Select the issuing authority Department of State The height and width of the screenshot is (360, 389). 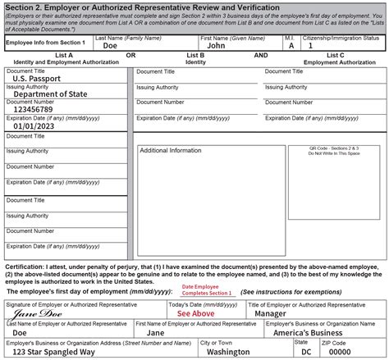pos(50,94)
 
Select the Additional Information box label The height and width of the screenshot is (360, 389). pos(170,151)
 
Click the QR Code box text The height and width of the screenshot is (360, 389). pos(334,152)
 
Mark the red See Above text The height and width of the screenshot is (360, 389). pos(195,313)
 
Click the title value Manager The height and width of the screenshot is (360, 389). pos(271,313)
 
